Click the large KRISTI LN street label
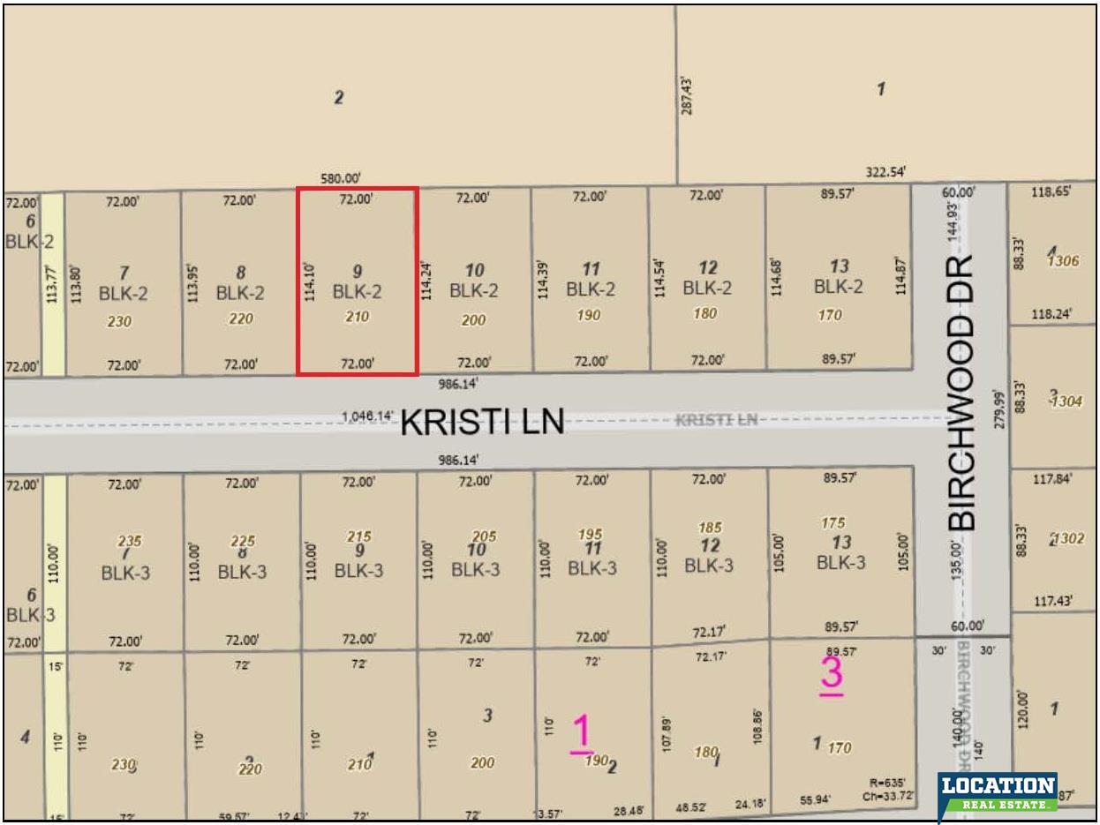pos(482,422)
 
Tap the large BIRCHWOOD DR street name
pos(962,393)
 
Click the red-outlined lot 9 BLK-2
pos(357,281)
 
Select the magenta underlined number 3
pos(832,675)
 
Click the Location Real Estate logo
pos(998,792)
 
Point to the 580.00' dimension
pos(340,178)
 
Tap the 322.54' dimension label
pos(885,172)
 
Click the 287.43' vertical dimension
pos(688,94)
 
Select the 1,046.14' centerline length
pos(367,416)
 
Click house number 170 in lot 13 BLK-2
pos(830,315)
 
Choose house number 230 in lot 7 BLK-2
pos(118,322)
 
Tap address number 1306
pos(1063,260)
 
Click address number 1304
pos(1066,401)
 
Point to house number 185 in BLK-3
pos(710,528)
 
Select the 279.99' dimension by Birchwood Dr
pos(999,409)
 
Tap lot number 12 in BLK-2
pos(707,267)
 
